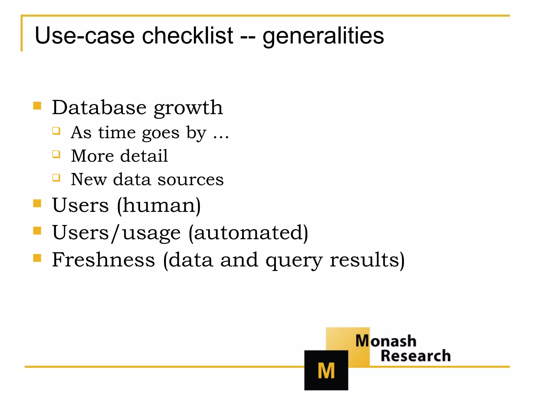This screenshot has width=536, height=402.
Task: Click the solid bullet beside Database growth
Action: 37,106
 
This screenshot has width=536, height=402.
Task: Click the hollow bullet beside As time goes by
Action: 56,131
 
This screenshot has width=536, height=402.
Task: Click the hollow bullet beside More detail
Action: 56,154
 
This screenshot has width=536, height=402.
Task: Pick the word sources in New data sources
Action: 191,180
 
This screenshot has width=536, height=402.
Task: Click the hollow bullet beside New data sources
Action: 56,178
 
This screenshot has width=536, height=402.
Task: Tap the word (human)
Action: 159,205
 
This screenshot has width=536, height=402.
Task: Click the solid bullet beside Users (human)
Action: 37,203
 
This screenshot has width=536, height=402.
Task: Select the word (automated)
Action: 248,233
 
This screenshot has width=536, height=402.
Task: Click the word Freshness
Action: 104,260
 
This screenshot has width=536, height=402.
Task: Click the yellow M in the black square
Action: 326,371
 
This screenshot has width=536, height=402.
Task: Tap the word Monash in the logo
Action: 386,341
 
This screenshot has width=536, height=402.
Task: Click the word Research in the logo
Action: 415,356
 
